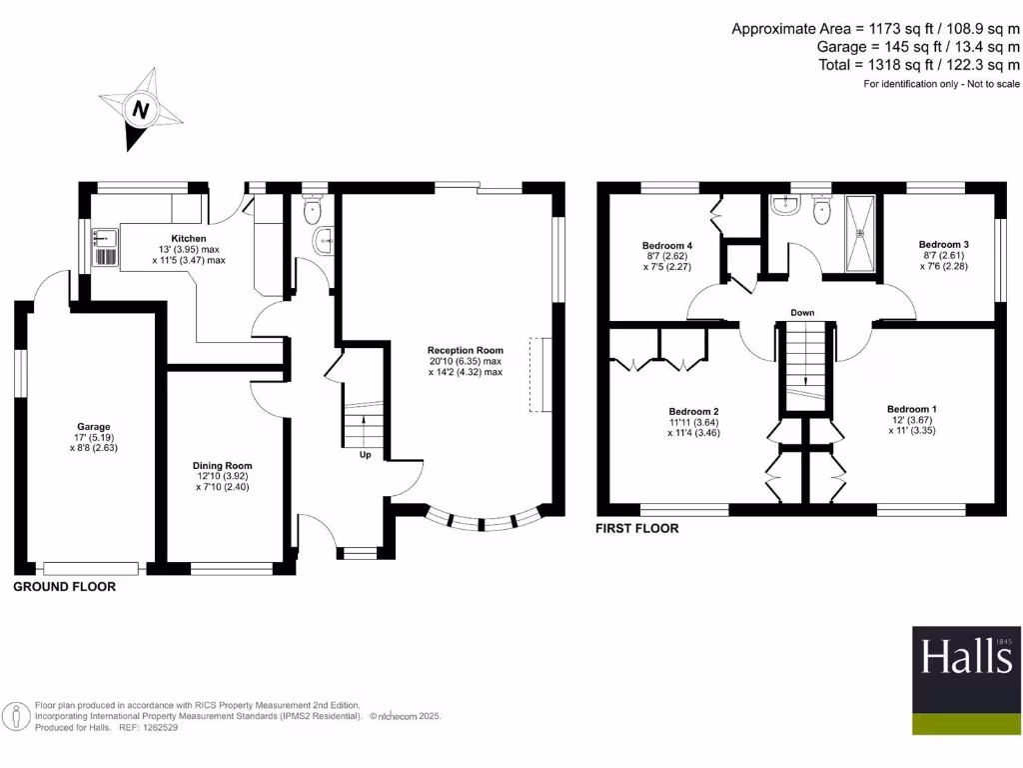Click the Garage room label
tap(96, 427)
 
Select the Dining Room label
tap(223, 465)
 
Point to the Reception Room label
tap(467, 350)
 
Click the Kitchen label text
tap(189, 239)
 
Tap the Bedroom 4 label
tap(667, 246)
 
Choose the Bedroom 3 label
tap(944, 244)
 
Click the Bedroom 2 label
tap(694, 411)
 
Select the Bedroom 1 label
tap(912, 409)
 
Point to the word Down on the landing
tap(802, 313)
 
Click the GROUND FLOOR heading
tap(64, 587)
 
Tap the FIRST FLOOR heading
tap(637, 528)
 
